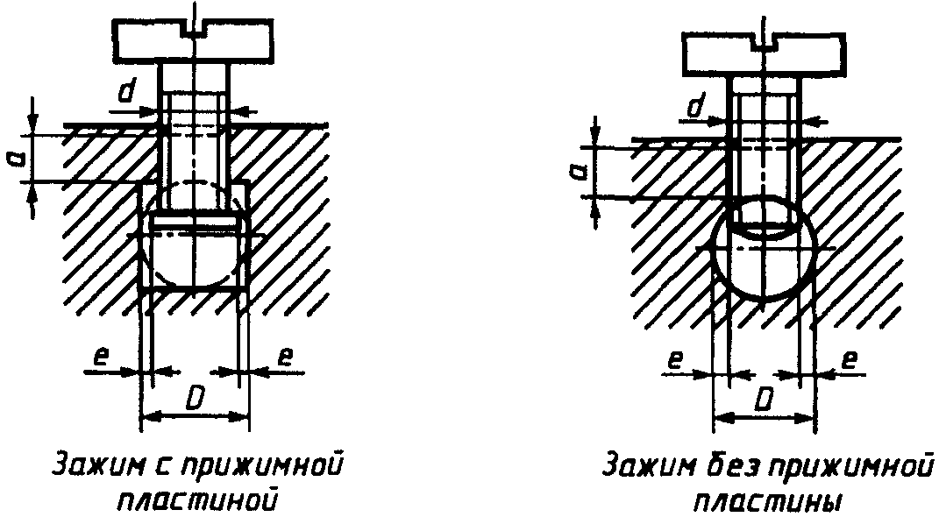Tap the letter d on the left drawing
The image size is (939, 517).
click(x=128, y=91)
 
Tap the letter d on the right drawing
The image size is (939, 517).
click(x=698, y=109)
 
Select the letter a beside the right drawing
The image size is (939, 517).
click(x=578, y=171)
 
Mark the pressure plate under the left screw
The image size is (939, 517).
click(x=194, y=225)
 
